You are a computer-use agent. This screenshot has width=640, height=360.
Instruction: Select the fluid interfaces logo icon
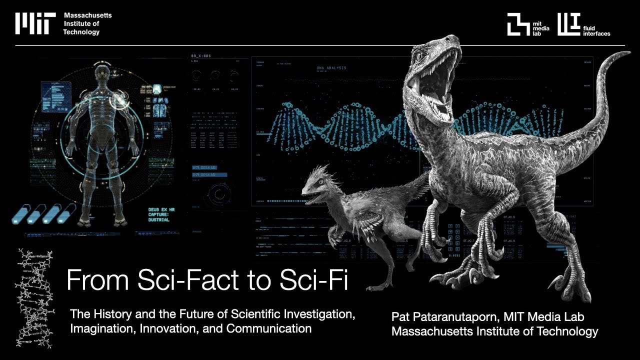point(568,24)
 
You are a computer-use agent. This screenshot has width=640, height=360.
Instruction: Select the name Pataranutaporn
point(450,316)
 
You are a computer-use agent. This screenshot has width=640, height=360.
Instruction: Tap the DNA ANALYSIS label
point(331,67)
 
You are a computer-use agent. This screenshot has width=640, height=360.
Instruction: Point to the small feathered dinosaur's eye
point(319,183)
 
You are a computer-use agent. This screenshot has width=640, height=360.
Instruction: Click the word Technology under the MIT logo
point(81,32)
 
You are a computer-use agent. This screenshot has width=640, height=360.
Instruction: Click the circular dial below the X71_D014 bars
point(217,193)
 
